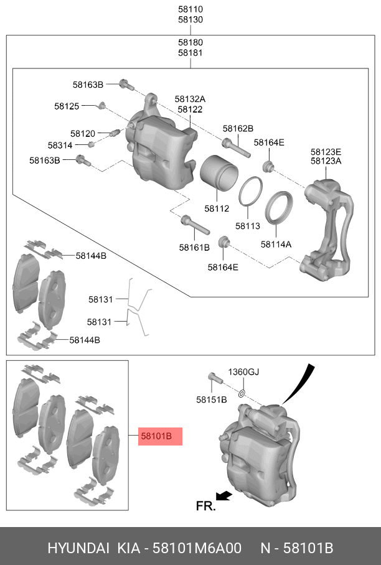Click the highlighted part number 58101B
[x=156, y=436]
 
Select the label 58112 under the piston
[x=217, y=208]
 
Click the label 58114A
[x=276, y=245]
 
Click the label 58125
[x=66, y=106]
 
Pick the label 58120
[x=82, y=134]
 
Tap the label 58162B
[x=238, y=129]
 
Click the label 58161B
[x=194, y=248]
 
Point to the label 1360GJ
[x=243, y=372]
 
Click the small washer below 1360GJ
[x=242, y=393]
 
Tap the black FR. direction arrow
[x=225, y=495]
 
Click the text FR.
[x=205, y=506]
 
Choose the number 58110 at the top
[x=190, y=10]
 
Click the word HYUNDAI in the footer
[x=77, y=548]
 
